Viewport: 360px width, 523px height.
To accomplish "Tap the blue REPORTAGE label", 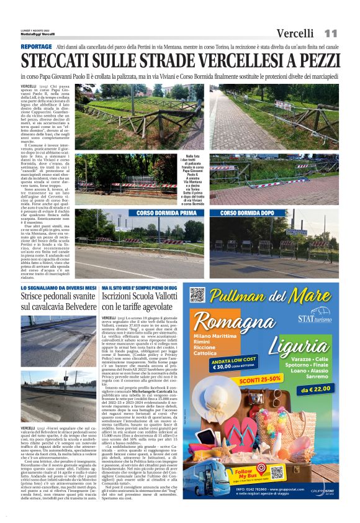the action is pyautogui.click(x=36, y=47).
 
